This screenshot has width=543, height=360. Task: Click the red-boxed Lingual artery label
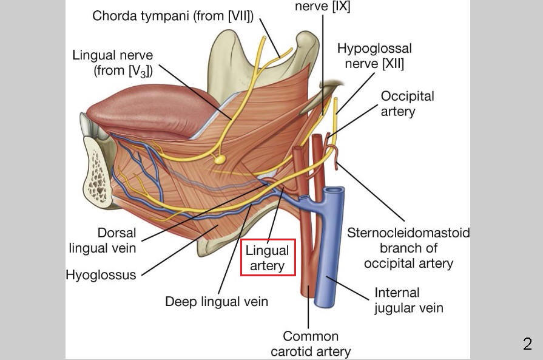[x=268, y=257]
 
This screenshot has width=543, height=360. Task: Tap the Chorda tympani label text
[x=172, y=16]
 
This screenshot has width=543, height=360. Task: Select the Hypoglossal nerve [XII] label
[x=374, y=55]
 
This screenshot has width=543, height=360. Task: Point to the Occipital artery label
[x=407, y=103]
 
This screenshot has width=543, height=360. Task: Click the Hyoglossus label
[x=101, y=274]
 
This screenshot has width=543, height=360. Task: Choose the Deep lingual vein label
[x=217, y=301]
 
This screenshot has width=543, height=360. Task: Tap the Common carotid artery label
[x=311, y=344]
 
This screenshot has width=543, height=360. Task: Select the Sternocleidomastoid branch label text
[x=408, y=248]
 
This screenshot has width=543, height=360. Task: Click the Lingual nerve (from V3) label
[x=112, y=63]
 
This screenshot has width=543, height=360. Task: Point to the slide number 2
[x=527, y=344]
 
